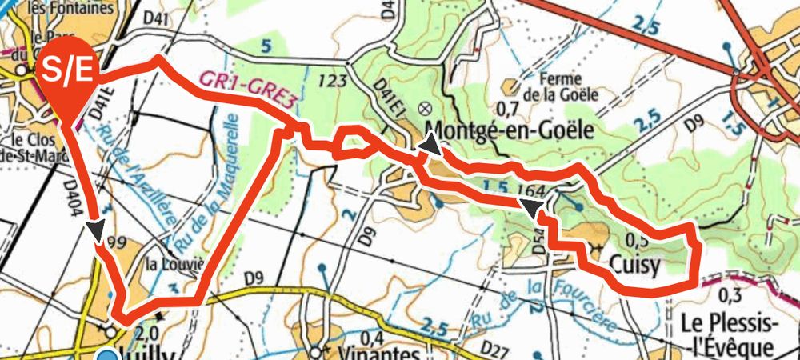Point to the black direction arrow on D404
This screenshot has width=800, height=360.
pos(96,230)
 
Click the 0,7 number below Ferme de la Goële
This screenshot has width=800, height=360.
pos(508,108)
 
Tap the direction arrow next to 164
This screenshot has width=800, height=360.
pos(530,209)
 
